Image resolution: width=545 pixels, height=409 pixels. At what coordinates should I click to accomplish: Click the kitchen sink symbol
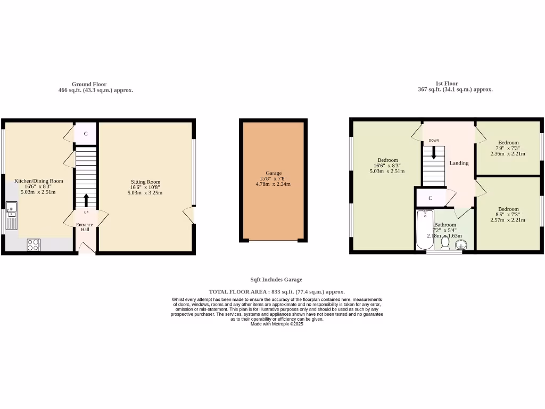pos(11,216)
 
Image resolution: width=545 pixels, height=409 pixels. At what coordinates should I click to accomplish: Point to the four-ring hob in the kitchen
pos(33,244)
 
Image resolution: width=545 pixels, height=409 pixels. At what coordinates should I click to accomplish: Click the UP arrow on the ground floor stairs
pos(86,200)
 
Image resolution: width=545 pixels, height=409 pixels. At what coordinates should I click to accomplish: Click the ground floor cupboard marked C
pos(85,134)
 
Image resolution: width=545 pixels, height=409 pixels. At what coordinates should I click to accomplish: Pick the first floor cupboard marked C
pos(430,198)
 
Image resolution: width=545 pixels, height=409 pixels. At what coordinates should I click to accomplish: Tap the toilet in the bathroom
pos(445,243)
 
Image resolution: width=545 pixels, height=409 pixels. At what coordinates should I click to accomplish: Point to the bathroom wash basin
pos(461,244)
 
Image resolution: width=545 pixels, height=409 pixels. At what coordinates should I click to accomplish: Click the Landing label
pos(459,163)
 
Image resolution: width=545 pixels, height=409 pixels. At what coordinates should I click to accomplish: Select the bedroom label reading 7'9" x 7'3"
pos(508,148)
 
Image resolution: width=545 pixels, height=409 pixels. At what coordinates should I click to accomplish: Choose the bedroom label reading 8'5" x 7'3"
pos(508,215)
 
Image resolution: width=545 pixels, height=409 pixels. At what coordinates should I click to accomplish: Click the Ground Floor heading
pos(89,84)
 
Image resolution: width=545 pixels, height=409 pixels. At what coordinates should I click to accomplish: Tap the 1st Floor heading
pos(446,84)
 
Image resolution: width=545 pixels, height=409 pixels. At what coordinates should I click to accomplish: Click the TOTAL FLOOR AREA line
pos(276,292)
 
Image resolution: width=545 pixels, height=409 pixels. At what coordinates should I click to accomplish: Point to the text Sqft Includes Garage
pos(276,280)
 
